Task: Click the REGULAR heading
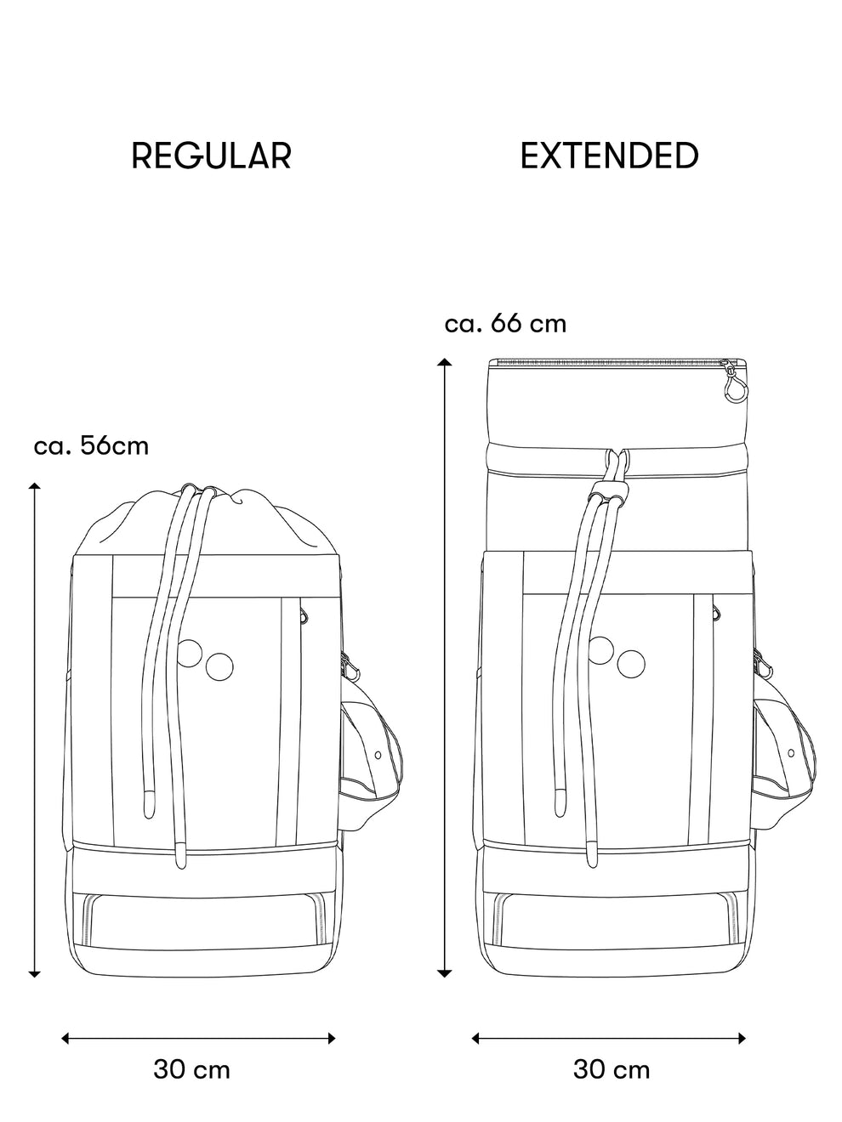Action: coord(211,156)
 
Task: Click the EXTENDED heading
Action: coord(609,156)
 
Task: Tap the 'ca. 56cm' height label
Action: coord(91,445)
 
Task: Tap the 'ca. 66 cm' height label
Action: coord(505,324)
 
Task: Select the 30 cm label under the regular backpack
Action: coord(191,1068)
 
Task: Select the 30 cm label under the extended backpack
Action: coord(612,1068)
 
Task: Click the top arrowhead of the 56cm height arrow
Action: coord(35,487)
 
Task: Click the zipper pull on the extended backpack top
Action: coord(732,387)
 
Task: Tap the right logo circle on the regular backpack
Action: coord(219,666)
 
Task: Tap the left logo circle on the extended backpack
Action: coord(601,649)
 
